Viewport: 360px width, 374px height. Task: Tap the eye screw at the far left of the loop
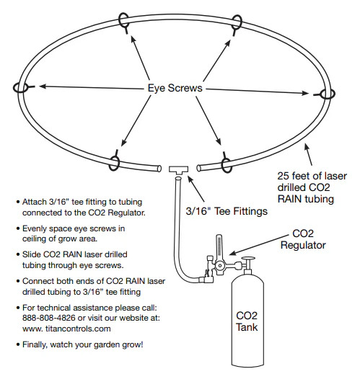(x=19, y=86)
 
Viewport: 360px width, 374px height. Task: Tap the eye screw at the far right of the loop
(x=327, y=94)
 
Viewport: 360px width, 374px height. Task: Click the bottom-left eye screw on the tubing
(x=115, y=159)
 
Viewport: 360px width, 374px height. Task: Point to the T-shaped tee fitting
(x=177, y=169)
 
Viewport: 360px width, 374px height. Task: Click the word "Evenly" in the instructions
(x=38, y=227)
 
